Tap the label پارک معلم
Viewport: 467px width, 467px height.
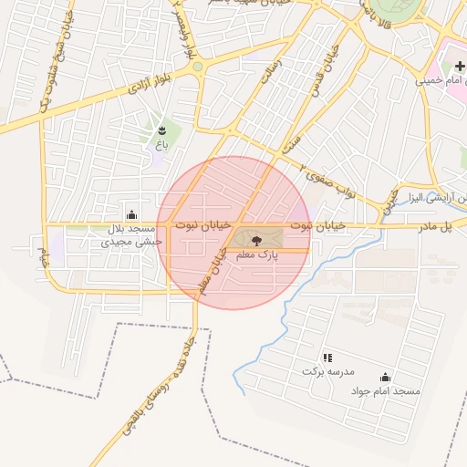point(257,256)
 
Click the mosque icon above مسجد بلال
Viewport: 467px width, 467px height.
point(133,214)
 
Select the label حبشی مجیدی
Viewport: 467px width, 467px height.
point(132,242)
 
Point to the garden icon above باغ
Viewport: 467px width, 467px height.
point(162,130)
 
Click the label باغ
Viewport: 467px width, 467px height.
point(162,145)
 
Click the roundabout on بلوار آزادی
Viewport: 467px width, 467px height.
point(197,67)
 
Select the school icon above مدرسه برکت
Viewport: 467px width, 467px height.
point(327,358)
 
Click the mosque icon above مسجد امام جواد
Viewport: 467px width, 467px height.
point(385,377)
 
